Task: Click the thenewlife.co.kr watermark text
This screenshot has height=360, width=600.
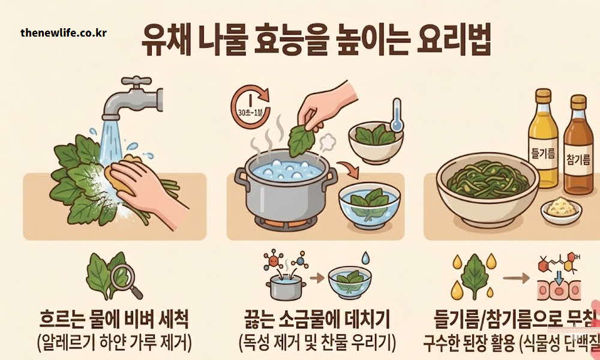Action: [63, 32]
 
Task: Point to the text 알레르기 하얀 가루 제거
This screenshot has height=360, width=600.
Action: [114, 342]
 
